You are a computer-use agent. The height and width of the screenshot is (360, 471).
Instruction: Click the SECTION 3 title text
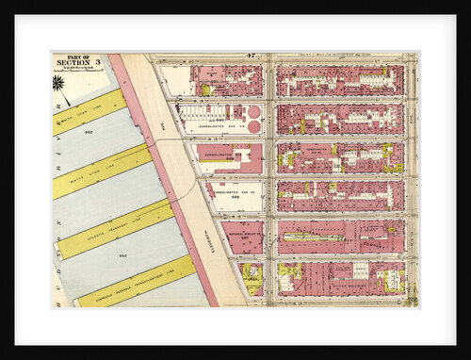tap(73, 63)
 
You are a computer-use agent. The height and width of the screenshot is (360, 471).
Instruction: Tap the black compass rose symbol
tap(59, 83)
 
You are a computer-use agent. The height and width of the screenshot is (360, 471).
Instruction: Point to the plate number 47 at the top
tap(252, 57)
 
